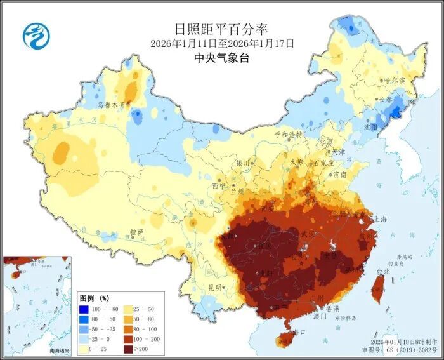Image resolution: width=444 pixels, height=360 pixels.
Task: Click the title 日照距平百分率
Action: click(221, 29)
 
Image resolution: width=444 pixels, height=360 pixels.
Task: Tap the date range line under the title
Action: click(222, 43)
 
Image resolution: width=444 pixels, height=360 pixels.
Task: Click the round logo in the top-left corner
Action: click(37, 35)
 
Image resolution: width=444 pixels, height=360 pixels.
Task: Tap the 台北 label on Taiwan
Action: click(384, 271)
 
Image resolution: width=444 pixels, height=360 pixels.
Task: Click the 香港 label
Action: click(333, 309)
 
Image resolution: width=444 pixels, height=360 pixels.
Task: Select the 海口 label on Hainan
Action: click(298, 331)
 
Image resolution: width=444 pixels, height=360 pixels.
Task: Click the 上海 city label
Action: click(381, 218)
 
